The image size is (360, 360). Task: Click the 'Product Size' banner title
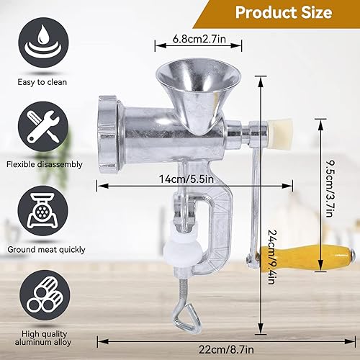pyautogui.click(x=284, y=12)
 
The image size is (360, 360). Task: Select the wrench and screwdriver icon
pyautogui.click(x=43, y=127)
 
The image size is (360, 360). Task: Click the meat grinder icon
pyautogui.click(x=43, y=211)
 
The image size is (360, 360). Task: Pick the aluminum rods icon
pyautogui.click(x=45, y=295)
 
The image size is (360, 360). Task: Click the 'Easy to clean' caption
pyautogui.click(x=42, y=82)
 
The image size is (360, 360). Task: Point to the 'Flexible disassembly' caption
pyautogui.click(x=45, y=165)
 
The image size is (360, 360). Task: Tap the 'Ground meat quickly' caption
pyautogui.click(x=46, y=250)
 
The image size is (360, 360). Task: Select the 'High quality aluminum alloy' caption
pyautogui.click(x=43, y=338)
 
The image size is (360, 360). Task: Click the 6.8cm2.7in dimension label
pyautogui.click(x=199, y=39)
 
